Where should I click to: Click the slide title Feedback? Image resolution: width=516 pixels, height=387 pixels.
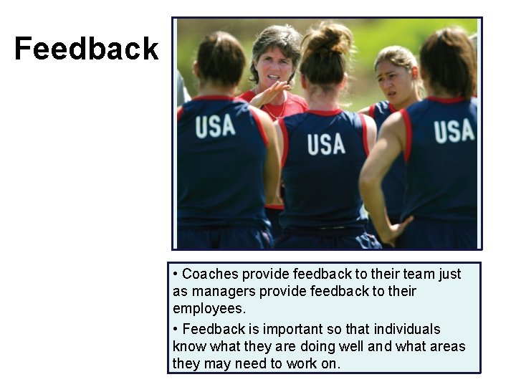point(86,49)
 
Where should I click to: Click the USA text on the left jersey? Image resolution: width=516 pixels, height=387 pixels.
point(215,126)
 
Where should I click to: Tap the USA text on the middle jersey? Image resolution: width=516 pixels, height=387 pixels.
point(326,144)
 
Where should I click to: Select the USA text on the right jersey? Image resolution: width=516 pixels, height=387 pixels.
point(454,131)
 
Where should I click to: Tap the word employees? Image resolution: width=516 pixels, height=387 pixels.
point(209,308)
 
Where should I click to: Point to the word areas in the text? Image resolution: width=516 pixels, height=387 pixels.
point(448,346)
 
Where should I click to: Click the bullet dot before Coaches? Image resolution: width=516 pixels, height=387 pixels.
point(176,274)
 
